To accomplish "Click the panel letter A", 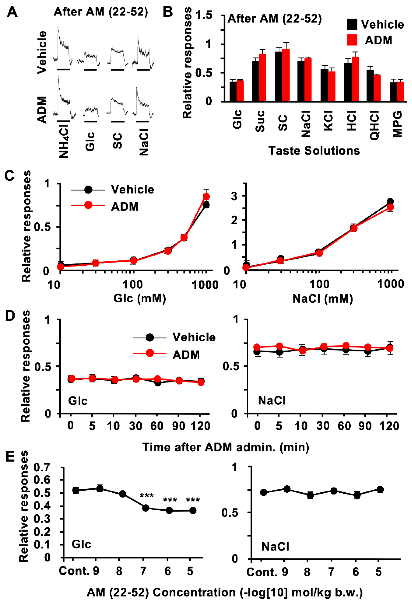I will tap(12, 12).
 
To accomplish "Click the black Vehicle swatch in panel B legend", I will tap(352, 25).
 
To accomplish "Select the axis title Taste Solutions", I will tap(314, 151).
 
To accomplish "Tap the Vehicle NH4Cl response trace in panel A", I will tap(63, 44).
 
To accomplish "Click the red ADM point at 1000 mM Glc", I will tap(206, 196).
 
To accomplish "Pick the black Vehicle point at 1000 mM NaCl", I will tap(390, 201).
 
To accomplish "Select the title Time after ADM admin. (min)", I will tap(226, 447).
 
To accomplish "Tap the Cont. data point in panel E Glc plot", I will tap(76, 490).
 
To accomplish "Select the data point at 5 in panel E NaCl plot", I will tap(380, 489).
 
